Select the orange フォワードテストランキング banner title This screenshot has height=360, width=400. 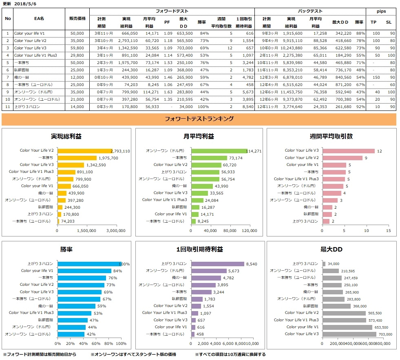coord(199,119)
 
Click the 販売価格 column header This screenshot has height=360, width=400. coord(77,19)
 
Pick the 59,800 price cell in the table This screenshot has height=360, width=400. coord(77,48)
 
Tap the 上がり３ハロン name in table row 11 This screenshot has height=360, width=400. coord(27,106)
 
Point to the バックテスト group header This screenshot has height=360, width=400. coord(310,11)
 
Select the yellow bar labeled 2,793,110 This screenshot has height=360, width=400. coord(84,151)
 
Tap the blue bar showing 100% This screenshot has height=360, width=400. coord(89,264)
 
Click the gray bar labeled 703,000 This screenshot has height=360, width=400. coord(349,334)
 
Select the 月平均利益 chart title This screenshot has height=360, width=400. coord(199,136)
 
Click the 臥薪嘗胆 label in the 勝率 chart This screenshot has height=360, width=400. coord(46,320)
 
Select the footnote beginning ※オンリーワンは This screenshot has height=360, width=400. coord(133,354)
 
